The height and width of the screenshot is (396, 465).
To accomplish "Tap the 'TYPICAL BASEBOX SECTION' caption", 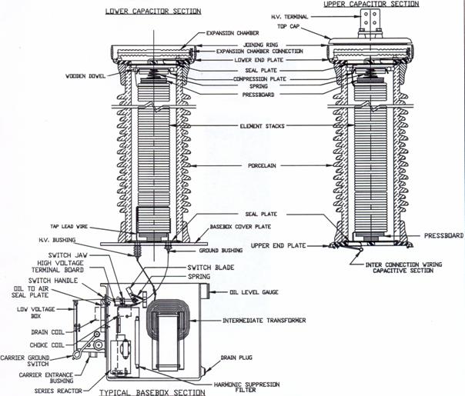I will pos(154,391).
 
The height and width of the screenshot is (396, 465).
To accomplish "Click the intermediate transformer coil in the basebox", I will pos(165,326).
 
